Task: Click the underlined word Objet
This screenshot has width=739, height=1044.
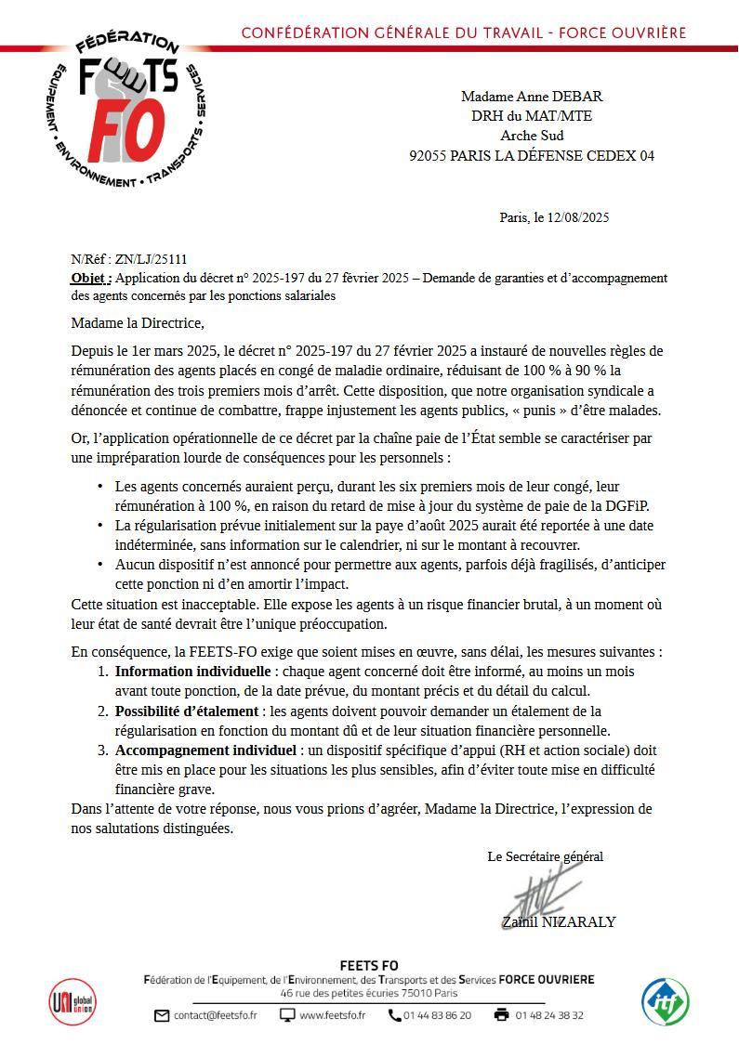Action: click(90, 278)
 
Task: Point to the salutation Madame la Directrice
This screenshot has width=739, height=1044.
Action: click(137, 323)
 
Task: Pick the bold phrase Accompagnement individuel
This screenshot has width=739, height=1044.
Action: click(204, 750)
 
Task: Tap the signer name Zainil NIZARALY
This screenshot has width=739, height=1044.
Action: click(558, 922)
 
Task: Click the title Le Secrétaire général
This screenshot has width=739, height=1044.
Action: click(545, 856)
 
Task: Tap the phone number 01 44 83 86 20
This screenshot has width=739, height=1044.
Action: click(437, 1015)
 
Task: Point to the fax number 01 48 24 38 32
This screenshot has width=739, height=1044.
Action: click(549, 1015)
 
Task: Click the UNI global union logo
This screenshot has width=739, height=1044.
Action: click(72, 1002)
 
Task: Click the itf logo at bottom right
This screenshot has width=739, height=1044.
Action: click(666, 1002)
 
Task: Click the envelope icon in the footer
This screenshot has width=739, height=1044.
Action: click(162, 1015)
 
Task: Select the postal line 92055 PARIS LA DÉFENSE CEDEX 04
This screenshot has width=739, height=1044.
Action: click(531, 155)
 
